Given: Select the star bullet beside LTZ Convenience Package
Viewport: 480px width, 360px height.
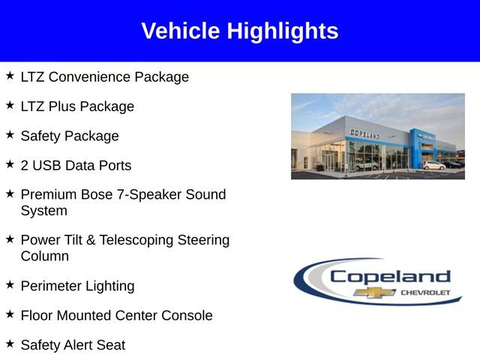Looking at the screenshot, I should point(10,76).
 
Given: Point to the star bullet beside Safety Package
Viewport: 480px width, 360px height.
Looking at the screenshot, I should point(10,135).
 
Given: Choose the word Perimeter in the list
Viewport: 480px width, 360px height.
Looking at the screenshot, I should point(50,286).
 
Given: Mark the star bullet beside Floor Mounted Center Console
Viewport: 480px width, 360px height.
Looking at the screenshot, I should point(10,315).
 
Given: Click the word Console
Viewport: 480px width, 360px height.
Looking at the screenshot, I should point(187,316).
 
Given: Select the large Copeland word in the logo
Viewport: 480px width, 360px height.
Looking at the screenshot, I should point(390,276).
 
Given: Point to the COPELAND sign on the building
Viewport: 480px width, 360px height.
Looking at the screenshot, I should point(364,133).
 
